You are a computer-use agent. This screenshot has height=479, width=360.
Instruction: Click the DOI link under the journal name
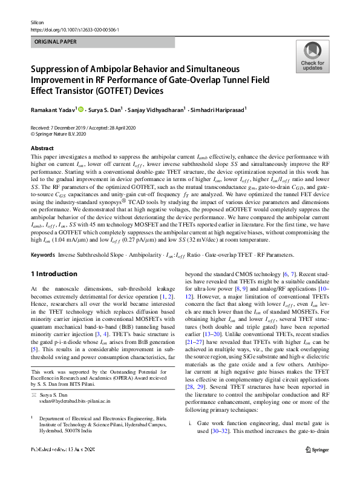[74, 29]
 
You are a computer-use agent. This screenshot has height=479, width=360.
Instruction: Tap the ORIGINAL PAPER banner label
[56, 42]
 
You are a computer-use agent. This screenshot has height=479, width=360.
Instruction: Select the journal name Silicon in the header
[38, 21]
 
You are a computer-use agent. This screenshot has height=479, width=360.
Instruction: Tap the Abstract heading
[42, 147]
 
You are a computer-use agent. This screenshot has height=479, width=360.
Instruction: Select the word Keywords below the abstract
[45, 257]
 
